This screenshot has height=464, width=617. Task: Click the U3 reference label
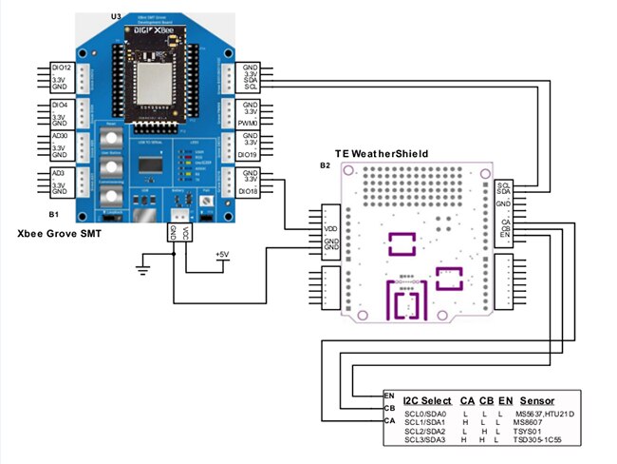click(x=116, y=17)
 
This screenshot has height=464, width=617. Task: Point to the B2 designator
click(x=326, y=166)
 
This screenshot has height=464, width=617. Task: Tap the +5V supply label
click(x=221, y=255)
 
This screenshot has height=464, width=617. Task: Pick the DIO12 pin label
click(x=59, y=69)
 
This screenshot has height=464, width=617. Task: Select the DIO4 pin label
click(x=59, y=105)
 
